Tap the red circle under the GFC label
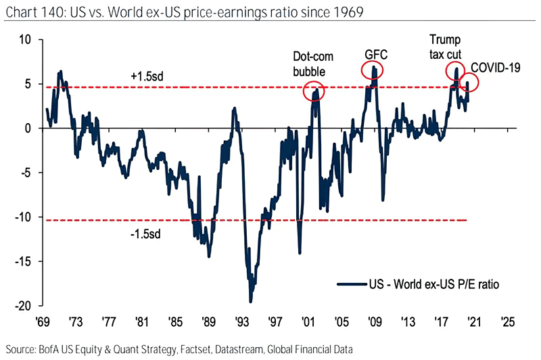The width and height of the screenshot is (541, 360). click(x=371, y=70)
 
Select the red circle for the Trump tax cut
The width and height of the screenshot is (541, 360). click(x=456, y=70)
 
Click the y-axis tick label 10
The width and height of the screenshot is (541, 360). click(x=24, y=39)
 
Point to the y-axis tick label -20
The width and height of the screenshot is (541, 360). click(x=22, y=306)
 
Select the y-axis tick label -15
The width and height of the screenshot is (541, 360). click(x=22, y=261)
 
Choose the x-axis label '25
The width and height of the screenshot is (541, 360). click(x=507, y=320)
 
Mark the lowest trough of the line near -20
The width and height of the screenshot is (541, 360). click(x=250, y=300)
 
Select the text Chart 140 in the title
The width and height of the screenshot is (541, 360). click(x=32, y=11)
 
